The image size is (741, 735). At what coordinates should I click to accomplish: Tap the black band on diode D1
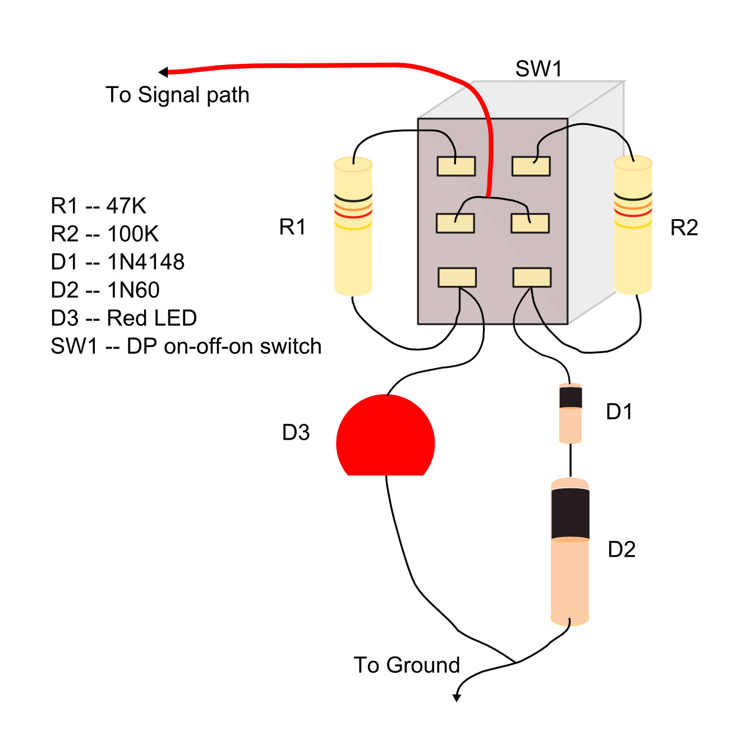(x=570, y=397)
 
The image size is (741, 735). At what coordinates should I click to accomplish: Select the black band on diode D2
(x=570, y=514)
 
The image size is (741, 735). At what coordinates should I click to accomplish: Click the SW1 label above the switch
(x=538, y=69)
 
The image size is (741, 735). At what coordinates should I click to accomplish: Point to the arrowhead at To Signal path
(x=163, y=72)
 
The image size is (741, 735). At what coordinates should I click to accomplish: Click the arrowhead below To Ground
(x=457, y=697)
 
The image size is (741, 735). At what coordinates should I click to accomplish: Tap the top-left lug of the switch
(x=456, y=167)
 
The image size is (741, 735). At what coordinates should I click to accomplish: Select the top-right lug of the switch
(x=531, y=167)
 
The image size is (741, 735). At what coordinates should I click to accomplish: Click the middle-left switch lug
(x=455, y=223)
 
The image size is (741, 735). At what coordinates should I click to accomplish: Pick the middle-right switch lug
(x=530, y=223)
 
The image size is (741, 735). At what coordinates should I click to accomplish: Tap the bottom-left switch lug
(x=457, y=278)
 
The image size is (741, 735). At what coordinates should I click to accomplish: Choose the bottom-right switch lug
(x=532, y=278)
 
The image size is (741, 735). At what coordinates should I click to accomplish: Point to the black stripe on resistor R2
(x=633, y=197)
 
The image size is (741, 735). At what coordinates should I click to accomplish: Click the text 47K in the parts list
(x=126, y=206)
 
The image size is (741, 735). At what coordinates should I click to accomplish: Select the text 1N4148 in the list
(x=146, y=262)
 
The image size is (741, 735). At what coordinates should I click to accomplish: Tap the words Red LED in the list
(x=151, y=318)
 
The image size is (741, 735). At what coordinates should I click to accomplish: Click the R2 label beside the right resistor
(x=684, y=228)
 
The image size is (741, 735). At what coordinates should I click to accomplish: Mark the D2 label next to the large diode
(x=622, y=549)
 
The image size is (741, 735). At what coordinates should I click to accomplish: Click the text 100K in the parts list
(x=133, y=234)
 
